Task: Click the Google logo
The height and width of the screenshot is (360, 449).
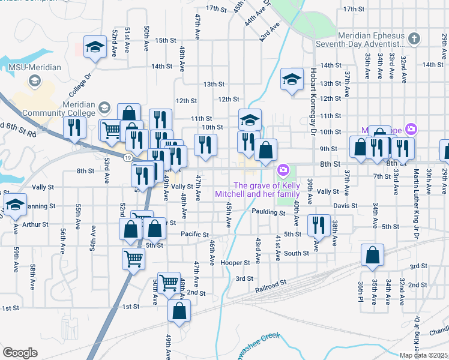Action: click(20, 353)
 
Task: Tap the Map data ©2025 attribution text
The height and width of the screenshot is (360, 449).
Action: click(423, 355)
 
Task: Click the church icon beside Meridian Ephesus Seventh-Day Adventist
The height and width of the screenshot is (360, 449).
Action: click(414, 40)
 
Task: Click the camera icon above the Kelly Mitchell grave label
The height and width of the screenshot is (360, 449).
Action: click(283, 171)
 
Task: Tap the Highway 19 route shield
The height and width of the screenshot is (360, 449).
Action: click(128, 157)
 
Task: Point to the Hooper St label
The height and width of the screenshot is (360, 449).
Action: click(235, 263)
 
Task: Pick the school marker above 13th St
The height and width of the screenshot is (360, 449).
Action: click(292, 79)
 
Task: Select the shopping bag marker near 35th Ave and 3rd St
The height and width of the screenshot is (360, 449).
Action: click(373, 255)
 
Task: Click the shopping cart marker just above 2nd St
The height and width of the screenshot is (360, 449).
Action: click(169, 282)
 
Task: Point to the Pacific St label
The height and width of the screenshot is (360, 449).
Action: click(194, 234)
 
